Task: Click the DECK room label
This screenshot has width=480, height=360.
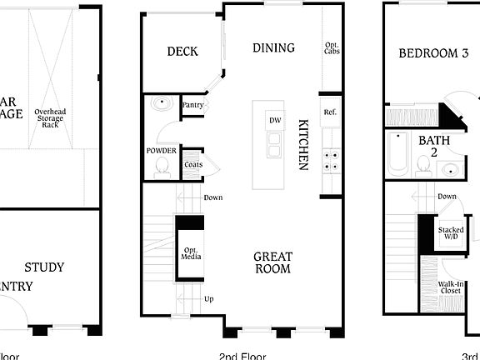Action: click(x=182, y=52)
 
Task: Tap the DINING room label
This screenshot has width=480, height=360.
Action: click(x=273, y=48)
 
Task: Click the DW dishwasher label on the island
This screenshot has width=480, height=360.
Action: click(x=274, y=121)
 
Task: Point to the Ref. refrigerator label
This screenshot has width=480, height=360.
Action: click(x=330, y=112)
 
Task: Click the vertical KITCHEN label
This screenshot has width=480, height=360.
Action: click(x=303, y=143)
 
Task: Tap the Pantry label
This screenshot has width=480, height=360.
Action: click(x=192, y=106)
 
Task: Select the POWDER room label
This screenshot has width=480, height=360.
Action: click(x=161, y=151)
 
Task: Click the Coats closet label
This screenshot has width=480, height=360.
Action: click(x=192, y=164)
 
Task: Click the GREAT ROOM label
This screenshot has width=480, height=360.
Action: click(x=272, y=262)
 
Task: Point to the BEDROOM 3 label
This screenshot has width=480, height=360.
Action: click(x=432, y=52)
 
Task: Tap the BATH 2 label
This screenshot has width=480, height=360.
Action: click(x=433, y=147)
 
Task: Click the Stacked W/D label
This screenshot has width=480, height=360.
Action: click(x=451, y=232)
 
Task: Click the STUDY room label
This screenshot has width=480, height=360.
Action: click(x=44, y=267)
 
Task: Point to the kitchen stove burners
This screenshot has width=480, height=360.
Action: click(x=330, y=160)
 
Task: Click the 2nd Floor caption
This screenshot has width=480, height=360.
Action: click(x=242, y=356)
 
